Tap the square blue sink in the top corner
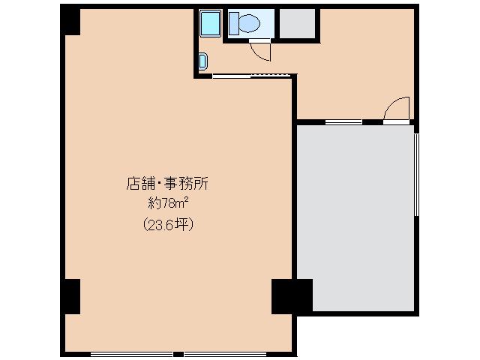coord(210,24)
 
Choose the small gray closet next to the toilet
coord(297,24)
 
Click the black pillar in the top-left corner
coord(70,22)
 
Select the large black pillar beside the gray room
coord(291,295)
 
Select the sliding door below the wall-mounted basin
coord(251,75)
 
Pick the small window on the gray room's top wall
coord(343,121)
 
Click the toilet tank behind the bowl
coord(233,24)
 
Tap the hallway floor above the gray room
coord(352,82)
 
